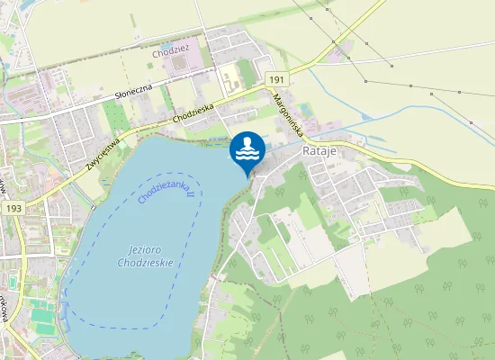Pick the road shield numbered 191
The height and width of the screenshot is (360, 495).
tap(277, 81)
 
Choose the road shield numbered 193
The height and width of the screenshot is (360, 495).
tap(13, 208)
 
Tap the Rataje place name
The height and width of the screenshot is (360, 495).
tap(320, 150)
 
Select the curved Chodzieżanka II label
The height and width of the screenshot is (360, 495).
tap(168, 190)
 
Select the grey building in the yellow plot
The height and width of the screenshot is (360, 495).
tap(231, 76)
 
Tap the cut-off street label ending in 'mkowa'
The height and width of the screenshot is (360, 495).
tap(5, 306)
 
